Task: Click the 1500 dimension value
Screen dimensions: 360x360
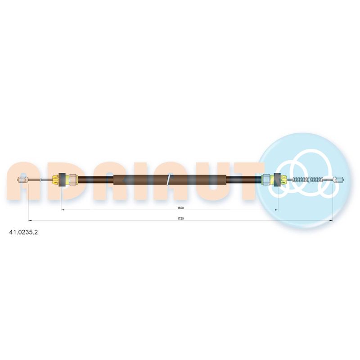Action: tap(180, 208)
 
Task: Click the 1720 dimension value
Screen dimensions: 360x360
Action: tap(180, 219)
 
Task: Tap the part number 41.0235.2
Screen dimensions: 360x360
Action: tap(23, 232)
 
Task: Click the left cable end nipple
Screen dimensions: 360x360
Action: tap(23, 180)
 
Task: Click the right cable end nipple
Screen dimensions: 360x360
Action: tap(338, 180)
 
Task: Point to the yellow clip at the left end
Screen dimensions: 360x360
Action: tap(56, 180)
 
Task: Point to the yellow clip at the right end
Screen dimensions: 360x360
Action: tap(283, 180)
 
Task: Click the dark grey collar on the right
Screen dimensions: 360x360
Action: tap(277, 180)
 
